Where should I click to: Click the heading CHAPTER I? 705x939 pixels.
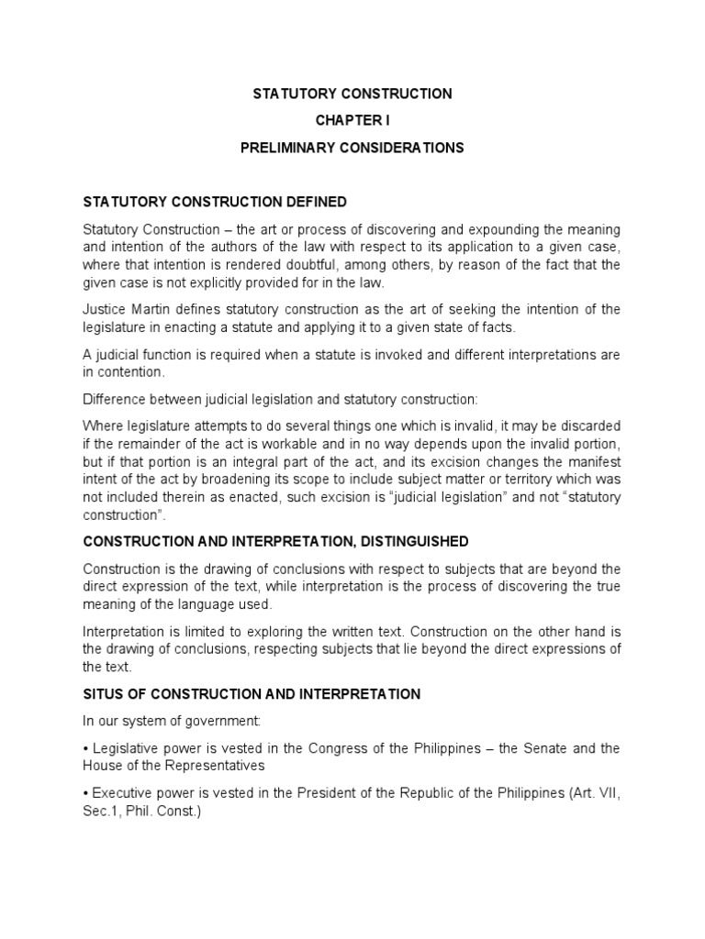pos(352,120)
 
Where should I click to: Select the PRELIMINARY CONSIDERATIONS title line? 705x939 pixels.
pos(352,148)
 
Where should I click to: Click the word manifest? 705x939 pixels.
pos(596,461)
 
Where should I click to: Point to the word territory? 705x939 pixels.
pos(544,480)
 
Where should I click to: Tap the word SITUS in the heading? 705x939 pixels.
pos(104,695)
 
